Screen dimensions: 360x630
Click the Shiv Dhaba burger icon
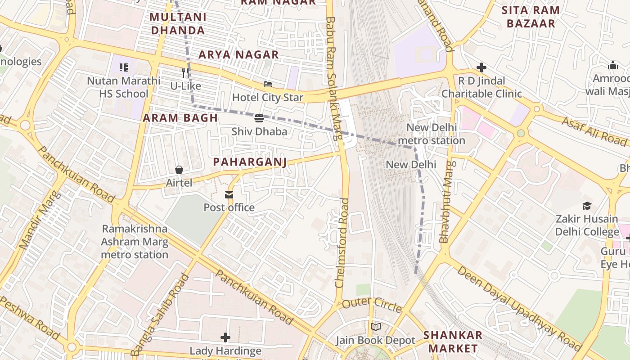pos(259,118)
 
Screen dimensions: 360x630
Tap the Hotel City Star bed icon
pos(268,84)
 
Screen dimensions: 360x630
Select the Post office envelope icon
pos(229,194)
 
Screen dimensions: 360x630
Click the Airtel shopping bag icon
pos(179,170)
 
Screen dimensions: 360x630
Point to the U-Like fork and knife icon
pos(185,72)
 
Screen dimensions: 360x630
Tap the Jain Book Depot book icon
pos(375,327)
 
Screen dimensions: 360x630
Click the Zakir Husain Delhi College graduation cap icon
pos(587,206)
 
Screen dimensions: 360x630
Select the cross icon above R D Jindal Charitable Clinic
pos(481,67)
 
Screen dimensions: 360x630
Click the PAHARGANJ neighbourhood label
pos(250,162)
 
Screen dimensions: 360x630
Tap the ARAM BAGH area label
pos(180,118)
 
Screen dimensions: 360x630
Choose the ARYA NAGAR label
pos(239,55)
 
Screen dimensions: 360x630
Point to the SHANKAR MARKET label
pos(453,342)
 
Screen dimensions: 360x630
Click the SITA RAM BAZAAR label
pos(531,17)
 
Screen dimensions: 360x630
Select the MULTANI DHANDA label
pos(178,24)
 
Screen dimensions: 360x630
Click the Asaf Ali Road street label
pos(594,131)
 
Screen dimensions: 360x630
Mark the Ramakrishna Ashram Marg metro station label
pos(135,242)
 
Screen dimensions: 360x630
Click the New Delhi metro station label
pos(432,134)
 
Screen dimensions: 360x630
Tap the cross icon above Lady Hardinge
pos(225,337)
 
